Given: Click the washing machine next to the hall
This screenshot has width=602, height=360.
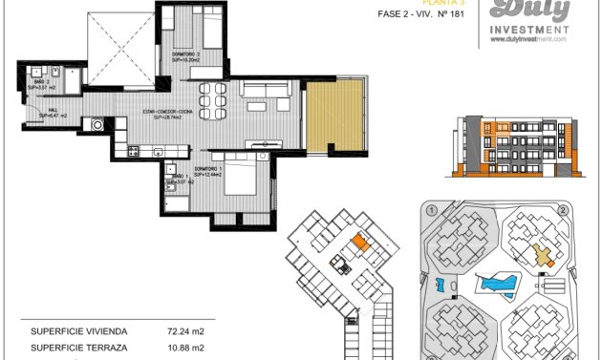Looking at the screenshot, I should tap(97, 124).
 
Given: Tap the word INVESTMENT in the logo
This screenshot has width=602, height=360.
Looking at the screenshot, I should tap(527, 29).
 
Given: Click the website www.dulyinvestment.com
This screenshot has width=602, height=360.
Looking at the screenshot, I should tap(527, 39).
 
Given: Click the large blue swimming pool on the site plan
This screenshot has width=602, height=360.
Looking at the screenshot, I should tap(498, 284).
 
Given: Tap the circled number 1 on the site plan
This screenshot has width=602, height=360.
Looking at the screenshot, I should tap(432, 210).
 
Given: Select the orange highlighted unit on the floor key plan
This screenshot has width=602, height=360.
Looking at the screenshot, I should tap(360, 243).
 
